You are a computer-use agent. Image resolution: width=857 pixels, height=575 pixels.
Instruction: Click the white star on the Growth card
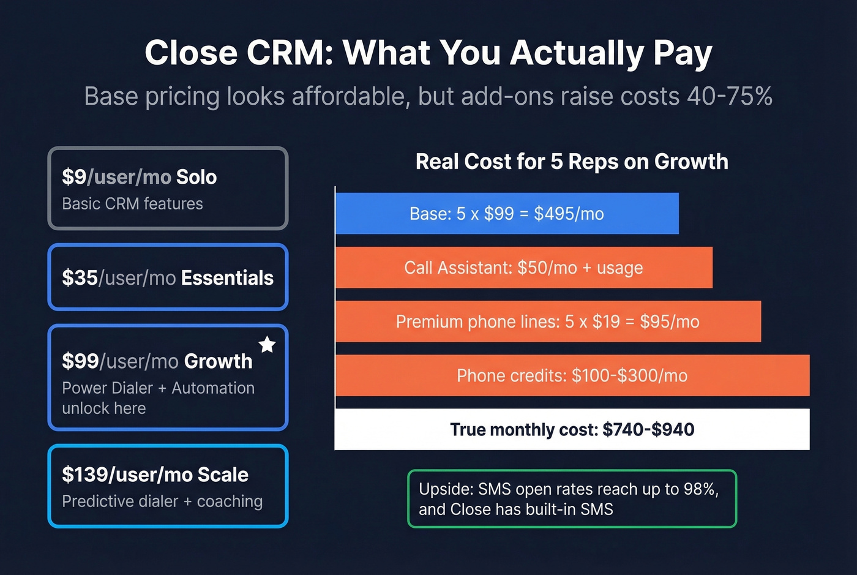pos(267,345)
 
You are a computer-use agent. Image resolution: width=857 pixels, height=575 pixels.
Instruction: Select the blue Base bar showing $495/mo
pos(507,214)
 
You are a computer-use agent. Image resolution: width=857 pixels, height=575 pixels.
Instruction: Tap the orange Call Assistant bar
pos(523,268)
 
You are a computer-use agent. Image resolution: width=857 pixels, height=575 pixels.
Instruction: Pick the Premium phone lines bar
pos(547,321)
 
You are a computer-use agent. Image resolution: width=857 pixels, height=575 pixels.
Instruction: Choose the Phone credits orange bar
pos(572,375)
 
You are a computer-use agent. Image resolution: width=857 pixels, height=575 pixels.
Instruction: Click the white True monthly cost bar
pos(572,429)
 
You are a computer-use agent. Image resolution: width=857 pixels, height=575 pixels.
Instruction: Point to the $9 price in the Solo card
pos(74,177)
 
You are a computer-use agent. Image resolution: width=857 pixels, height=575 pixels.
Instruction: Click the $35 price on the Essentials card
pos(80,278)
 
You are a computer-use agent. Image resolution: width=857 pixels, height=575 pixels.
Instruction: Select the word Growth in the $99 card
pos(218,361)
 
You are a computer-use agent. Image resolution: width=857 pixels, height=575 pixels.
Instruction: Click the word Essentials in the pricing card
pos(227,278)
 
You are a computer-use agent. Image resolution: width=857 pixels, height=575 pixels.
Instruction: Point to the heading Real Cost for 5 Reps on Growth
pos(572,162)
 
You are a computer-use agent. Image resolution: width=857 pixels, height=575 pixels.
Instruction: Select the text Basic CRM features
pos(132,204)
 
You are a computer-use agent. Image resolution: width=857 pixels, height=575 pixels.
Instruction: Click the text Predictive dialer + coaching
pos(162,502)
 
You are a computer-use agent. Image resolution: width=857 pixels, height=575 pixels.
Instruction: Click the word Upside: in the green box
pos(446,489)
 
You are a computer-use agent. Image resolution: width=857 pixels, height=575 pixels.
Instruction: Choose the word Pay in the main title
pos(683,53)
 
